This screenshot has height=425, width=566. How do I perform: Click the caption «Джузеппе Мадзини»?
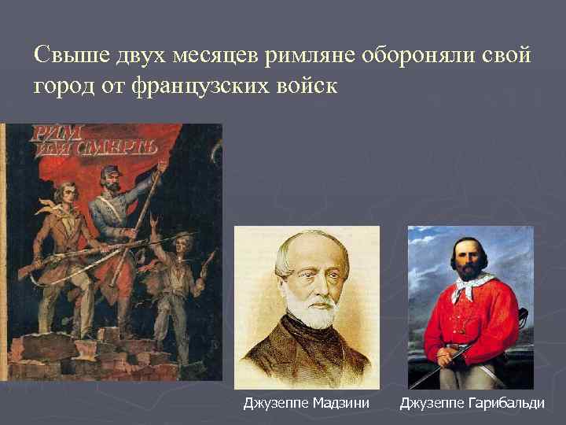coord(306,404)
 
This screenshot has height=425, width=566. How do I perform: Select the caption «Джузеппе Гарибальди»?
coord(472,404)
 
